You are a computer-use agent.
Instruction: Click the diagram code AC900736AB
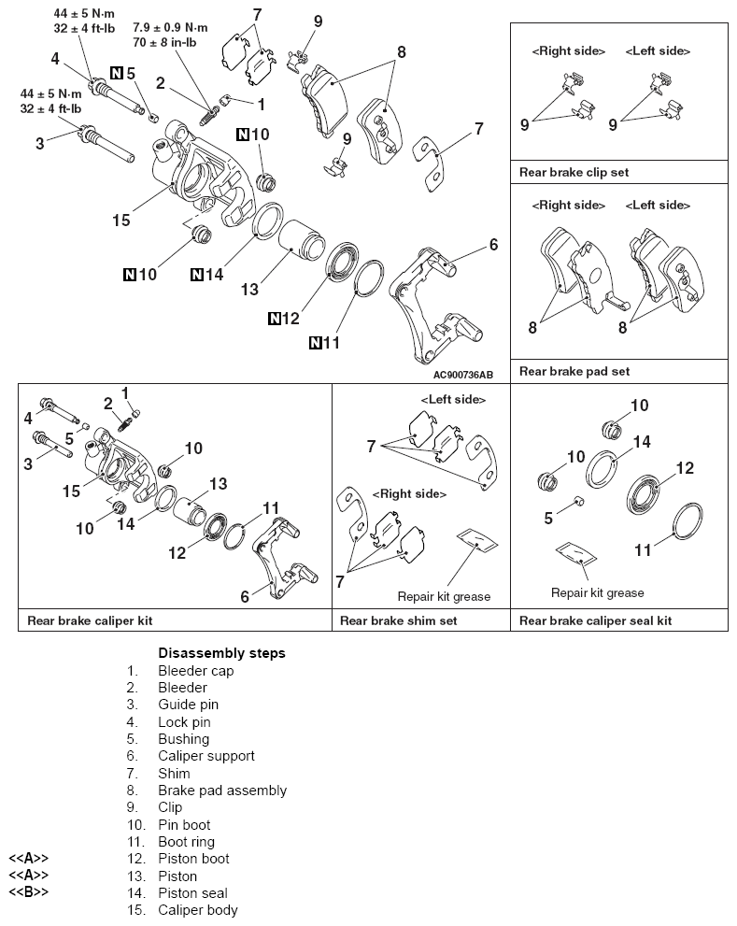(x=450, y=374)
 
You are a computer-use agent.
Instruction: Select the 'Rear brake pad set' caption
(x=574, y=371)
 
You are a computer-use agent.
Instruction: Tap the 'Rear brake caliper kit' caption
(x=90, y=620)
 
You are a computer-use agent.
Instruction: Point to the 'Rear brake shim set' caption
(x=398, y=620)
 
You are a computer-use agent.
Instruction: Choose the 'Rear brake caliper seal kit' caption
(x=595, y=620)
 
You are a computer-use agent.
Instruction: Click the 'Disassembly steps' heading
(x=221, y=653)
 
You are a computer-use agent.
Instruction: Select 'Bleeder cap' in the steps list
(x=195, y=671)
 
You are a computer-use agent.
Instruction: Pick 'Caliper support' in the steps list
(x=206, y=756)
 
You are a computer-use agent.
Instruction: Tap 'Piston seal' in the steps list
(x=192, y=892)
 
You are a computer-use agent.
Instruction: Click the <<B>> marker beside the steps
(x=28, y=892)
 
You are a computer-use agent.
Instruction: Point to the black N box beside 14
(x=198, y=274)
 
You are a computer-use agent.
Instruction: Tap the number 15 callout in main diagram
(x=120, y=221)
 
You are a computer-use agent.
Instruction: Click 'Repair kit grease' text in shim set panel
(x=444, y=596)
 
